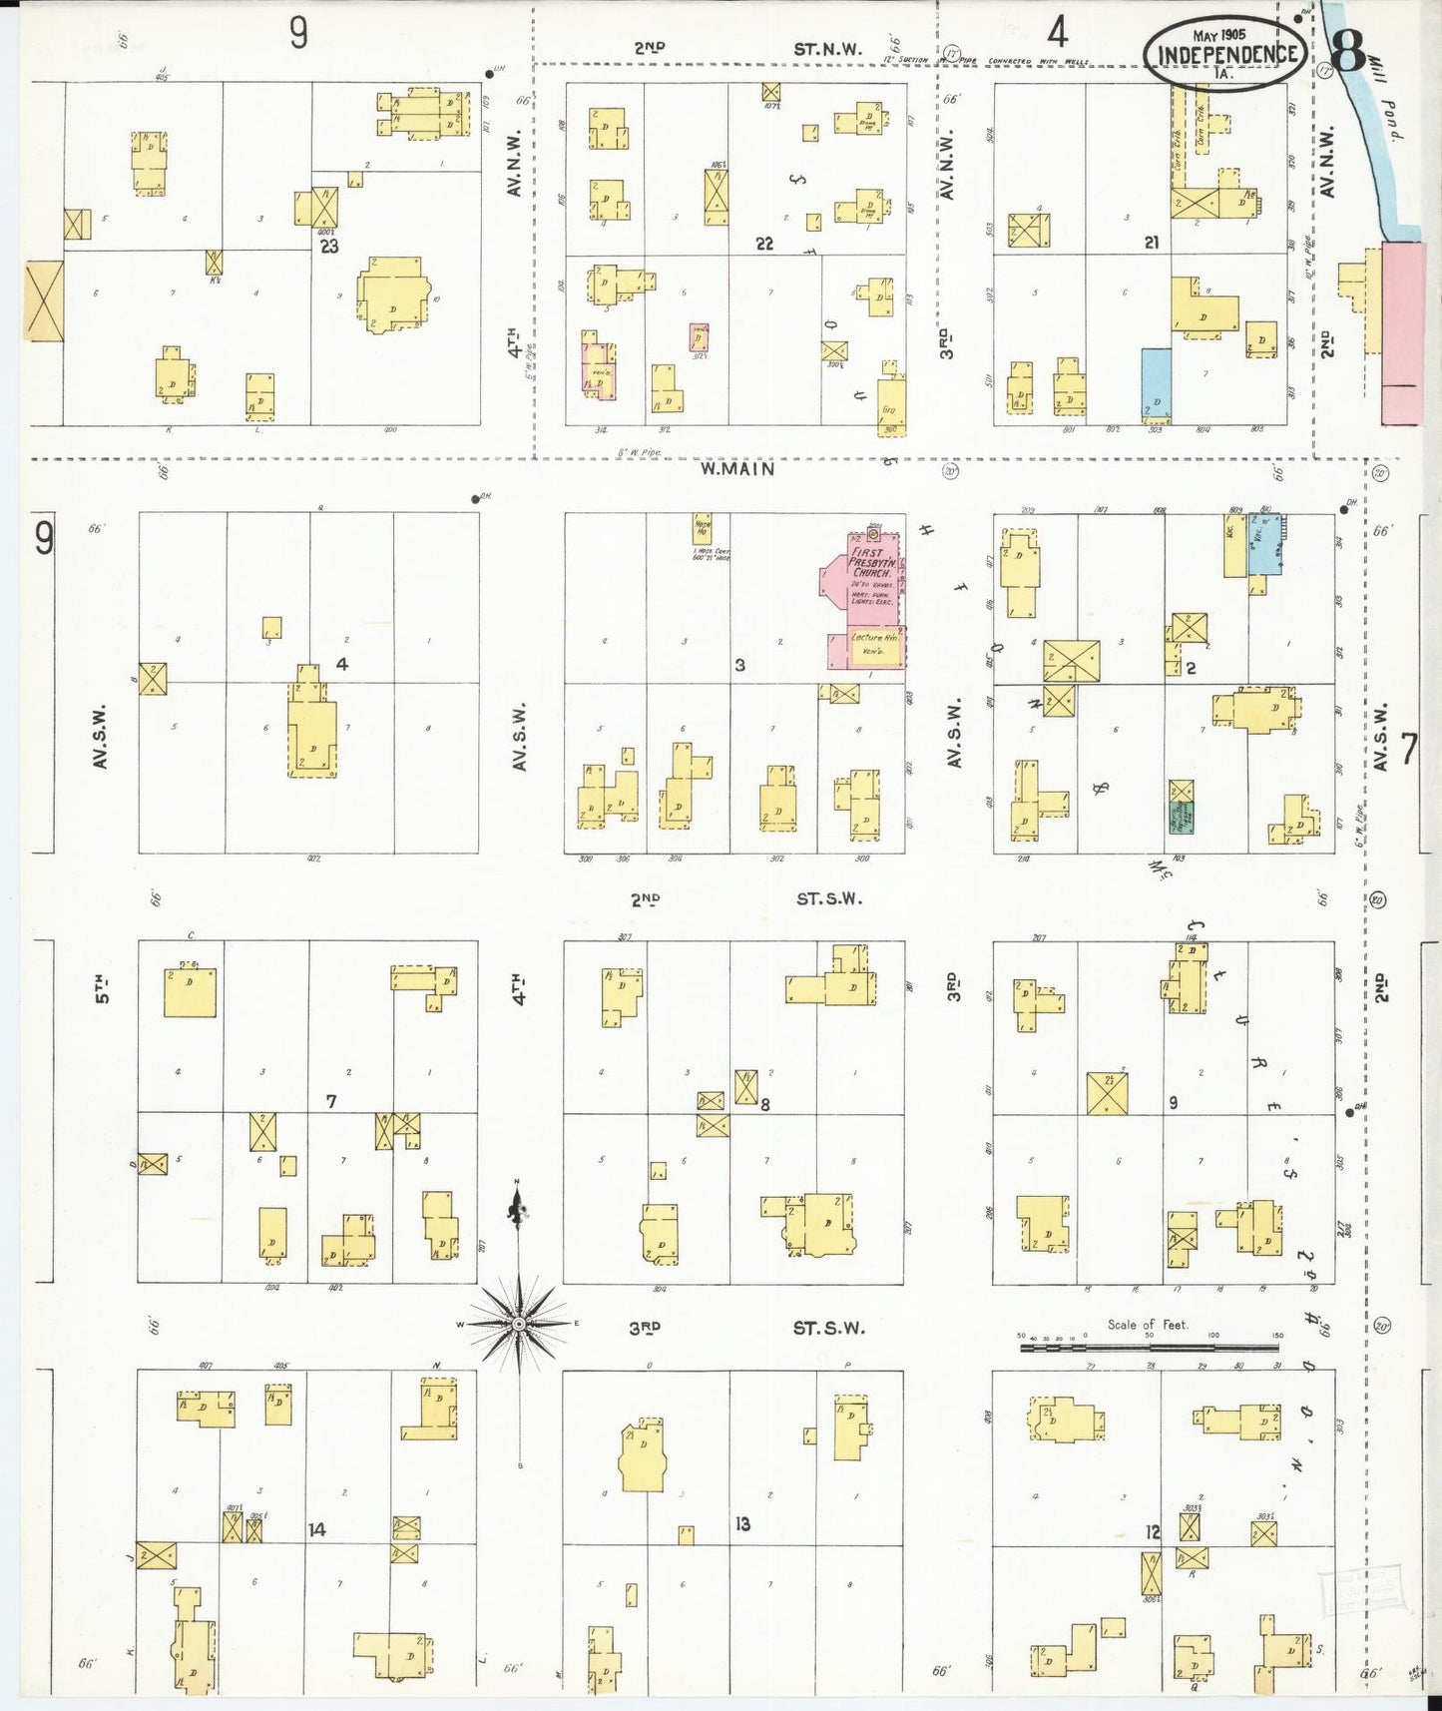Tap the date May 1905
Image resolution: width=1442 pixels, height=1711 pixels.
tap(1225, 34)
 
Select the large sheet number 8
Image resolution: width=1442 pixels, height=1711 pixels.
tap(1347, 52)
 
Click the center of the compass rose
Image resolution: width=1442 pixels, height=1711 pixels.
tap(518, 1324)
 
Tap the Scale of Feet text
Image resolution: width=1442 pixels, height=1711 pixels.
tap(1148, 1325)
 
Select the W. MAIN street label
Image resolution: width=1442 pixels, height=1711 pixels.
tap(736, 468)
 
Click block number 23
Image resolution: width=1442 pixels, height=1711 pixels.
tap(329, 246)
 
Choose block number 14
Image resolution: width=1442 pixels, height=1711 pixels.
tap(317, 1529)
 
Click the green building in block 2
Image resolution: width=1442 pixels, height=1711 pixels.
tap(1182, 818)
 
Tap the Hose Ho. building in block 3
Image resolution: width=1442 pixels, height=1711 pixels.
tap(703, 529)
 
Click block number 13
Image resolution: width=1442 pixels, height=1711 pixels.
tap(741, 1524)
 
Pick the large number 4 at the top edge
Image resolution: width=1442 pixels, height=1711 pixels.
tap(1057, 33)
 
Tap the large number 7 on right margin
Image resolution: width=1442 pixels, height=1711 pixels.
tap(1408, 749)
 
